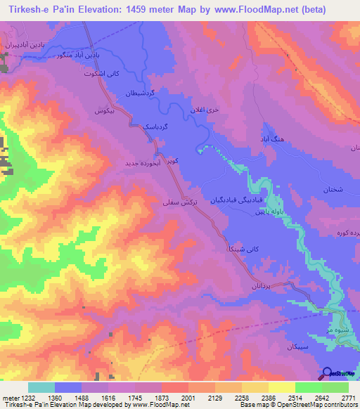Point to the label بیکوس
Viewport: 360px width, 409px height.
104,111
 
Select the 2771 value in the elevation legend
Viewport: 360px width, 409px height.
349,398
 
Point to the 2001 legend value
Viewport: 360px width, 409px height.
187,398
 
